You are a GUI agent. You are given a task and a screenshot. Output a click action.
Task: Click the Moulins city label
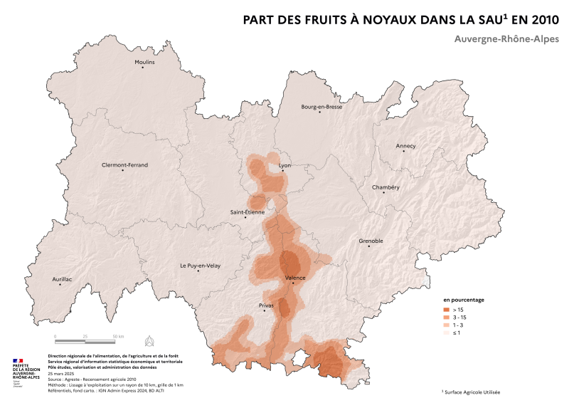[144, 63]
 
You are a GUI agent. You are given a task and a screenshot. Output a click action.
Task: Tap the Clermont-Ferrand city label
[125, 164]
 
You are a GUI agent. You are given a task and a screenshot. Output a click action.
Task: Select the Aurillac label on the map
[63, 279]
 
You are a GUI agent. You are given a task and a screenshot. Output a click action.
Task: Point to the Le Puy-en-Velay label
[200, 266]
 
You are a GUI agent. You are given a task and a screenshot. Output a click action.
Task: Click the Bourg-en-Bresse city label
[321, 107]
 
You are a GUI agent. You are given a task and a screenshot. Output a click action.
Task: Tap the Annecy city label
[405, 146]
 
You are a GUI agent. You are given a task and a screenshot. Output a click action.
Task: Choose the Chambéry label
[386, 187]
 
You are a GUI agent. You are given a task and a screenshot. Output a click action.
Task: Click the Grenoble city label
[371, 241]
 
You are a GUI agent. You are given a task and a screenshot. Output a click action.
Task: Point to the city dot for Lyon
[283, 170]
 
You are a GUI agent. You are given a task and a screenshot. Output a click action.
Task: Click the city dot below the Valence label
[292, 283]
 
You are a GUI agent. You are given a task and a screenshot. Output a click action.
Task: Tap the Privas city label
[262, 305]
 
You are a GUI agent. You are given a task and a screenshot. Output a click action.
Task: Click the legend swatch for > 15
[447, 310]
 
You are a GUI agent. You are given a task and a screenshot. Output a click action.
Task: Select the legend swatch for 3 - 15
[447, 318]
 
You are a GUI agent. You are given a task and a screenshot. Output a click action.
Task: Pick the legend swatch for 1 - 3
[447, 325]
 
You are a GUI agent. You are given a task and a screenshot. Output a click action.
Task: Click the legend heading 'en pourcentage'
[464, 300]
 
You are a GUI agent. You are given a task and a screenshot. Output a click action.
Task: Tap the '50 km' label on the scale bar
[117, 335]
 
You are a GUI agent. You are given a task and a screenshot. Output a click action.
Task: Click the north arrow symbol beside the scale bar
[149, 338]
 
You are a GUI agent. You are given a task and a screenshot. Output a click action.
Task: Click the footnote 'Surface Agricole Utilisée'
[472, 392]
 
